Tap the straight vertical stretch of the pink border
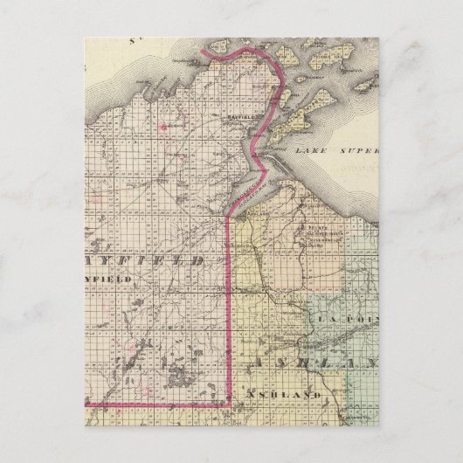click(x=230, y=306)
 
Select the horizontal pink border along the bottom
click(x=157, y=404)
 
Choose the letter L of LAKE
click(x=300, y=150)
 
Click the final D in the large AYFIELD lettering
click(x=199, y=260)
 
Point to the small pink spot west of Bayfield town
click(x=162, y=124)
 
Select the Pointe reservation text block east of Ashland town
click(x=320, y=234)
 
